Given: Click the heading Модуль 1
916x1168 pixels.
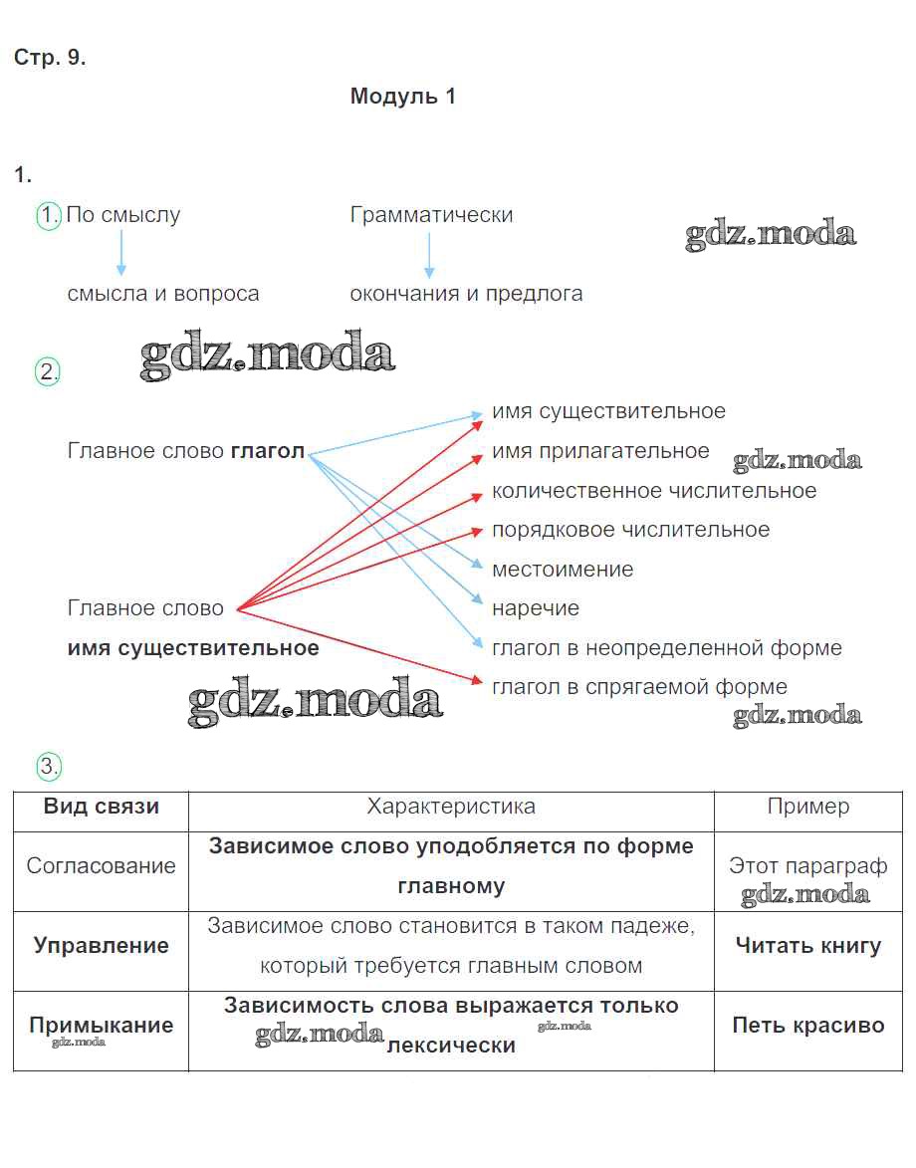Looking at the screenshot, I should click(x=402, y=97).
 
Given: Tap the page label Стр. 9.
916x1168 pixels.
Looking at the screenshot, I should click(x=50, y=58).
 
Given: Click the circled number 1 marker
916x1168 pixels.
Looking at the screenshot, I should click(x=49, y=215).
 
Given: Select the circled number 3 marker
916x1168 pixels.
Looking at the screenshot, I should click(x=49, y=766).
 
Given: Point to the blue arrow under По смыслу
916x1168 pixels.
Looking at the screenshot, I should click(x=121, y=253).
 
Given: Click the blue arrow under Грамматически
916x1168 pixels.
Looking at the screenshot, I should click(x=429, y=255).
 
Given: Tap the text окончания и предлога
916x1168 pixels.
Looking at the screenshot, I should click(x=466, y=294).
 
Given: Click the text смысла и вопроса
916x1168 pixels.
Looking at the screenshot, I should click(x=163, y=294).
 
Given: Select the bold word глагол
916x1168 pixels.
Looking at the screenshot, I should click(x=268, y=451).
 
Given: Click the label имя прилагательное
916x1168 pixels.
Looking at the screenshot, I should click(x=600, y=451).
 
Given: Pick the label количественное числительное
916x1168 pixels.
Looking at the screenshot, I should click(x=654, y=491).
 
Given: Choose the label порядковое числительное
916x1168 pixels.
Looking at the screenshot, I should click(x=630, y=530).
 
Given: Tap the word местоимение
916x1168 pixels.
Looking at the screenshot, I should click(x=563, y=570).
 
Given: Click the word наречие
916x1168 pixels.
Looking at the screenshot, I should click(x=536, y=608).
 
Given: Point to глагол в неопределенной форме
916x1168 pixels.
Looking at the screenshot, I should click(x=667, y=648).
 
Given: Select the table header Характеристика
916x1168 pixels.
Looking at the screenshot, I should click(x=451, y=807).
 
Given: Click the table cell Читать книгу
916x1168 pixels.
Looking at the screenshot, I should click(x=808, y=946).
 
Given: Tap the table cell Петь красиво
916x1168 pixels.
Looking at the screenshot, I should click(x=808, y=1026).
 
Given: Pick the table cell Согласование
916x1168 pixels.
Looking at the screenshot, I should click(x=101, y=866).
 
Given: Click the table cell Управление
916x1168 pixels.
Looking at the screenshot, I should click(x=101, y=946).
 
